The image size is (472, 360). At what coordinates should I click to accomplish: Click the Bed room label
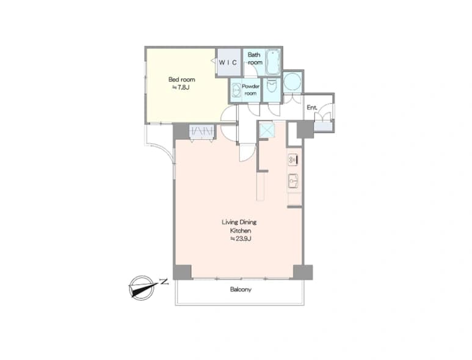tap(181, 79)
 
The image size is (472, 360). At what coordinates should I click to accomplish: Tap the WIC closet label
tap(228, 63)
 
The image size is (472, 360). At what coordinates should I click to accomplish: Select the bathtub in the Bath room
tap(274, 62)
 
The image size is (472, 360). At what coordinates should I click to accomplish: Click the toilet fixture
tap(272, 86)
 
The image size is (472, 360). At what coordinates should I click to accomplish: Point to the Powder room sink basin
tap(236, 89)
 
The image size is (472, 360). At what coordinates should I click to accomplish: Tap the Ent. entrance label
tap(312, 107)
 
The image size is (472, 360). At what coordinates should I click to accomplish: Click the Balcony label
tap(241, 290)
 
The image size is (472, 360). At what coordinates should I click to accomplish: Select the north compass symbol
tap(142, 287)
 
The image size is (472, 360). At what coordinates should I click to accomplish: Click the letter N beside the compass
tap(164, 282)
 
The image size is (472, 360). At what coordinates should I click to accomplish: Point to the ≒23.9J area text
tap(241, 239)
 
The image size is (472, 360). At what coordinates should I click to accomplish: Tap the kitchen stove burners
tap(293, 160)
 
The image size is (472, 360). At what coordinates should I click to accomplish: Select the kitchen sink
tap(293, 181)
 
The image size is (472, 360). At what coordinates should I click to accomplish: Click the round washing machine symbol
tap(292, 81)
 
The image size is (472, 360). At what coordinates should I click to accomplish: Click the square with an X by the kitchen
tap(267, 130)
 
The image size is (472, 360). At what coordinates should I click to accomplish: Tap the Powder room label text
tap(250, 90)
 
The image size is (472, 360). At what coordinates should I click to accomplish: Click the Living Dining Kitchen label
tap(239, 226)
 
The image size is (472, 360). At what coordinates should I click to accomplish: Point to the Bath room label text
tap(255, 59)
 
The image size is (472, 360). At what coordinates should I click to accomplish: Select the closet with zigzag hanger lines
tap(202, 131)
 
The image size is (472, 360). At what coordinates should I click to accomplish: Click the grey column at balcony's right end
tap(303, 272)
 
